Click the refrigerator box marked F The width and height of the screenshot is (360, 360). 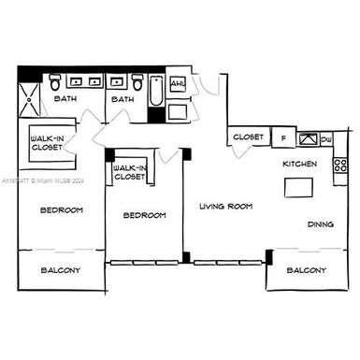tap(283, 138)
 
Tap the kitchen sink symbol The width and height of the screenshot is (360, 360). tap(307, 138)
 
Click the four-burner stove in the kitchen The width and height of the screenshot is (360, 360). tap(339, 165)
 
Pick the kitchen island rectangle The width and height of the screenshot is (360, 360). tap(300, 187)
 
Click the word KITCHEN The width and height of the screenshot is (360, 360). tap(299, 164)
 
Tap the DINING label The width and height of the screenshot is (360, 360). tap(322, 223)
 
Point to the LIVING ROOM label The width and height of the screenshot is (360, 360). tap(225, 206)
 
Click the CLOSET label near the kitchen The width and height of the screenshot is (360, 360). tap(248, 137)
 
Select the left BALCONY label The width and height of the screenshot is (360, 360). tap(61, 270)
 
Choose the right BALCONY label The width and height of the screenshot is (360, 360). tap(306, 270)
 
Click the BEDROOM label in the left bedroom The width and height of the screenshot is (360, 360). tap(61, 210)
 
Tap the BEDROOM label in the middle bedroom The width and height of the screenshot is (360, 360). tap(144, 215)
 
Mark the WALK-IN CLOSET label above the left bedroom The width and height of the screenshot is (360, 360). tap(47, 141)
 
